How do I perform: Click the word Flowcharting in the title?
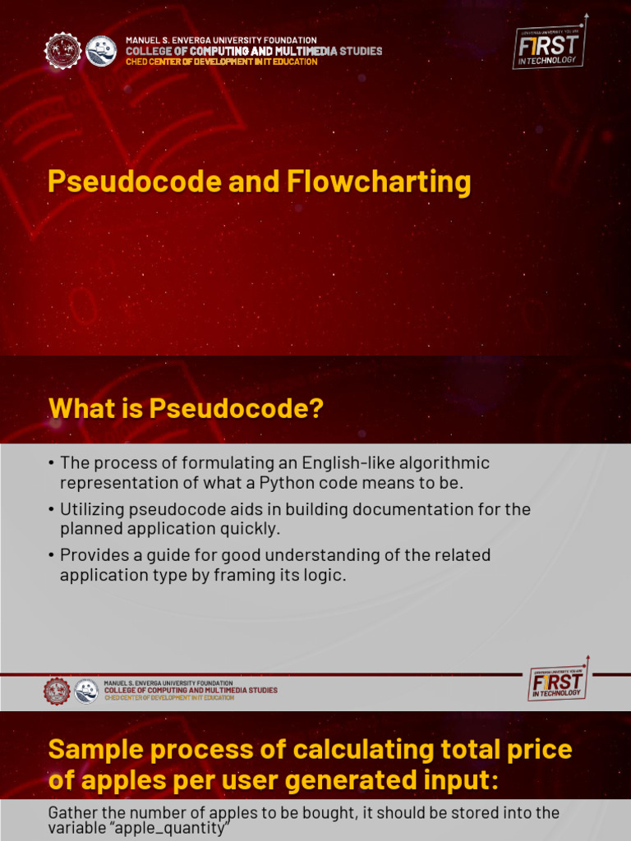pyautogui.click(x=379, y=182)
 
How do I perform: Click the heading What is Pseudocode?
pyautogui.click(x=186, y=408)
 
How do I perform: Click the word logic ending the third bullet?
pyautogui.click(x=326, y=575)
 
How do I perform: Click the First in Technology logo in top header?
pyautogui.click(x=550, y=47)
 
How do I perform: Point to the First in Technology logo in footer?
pyautogui.click(x=559, y=681)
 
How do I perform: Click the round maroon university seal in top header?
pyautogui.click(x=63, y=51)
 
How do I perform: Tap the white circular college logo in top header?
pyautogui.click(x=101, y=51)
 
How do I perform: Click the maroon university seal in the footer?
pyautogui.click(x=58, y=691)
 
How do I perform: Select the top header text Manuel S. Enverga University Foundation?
pyautogui.click(x=221, y=40)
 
